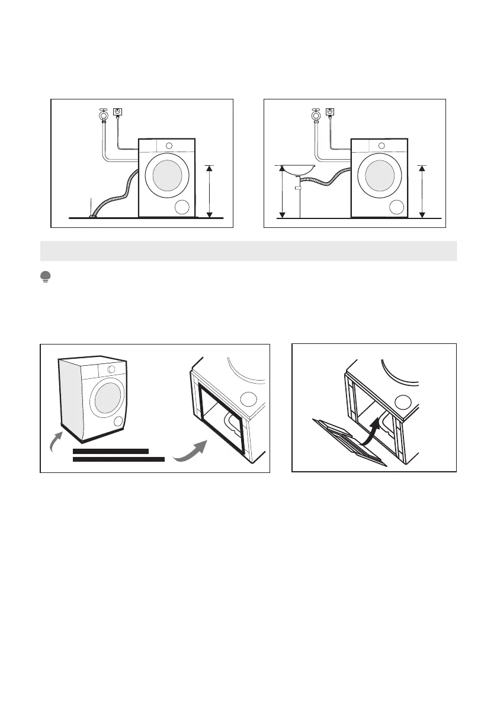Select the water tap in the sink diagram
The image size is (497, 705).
[x=316, y=114]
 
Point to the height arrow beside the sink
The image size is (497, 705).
[x=283, y=192]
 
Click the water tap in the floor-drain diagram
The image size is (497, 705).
[x=103, y=114]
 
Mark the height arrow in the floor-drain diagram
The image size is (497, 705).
[x=209, y=191]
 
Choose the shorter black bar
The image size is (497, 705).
[x=110, y=451]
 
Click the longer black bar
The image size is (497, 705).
[x=118, y=459]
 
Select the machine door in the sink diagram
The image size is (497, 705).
[x=379, y=176]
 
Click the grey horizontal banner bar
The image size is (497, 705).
[x=248, y=251]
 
